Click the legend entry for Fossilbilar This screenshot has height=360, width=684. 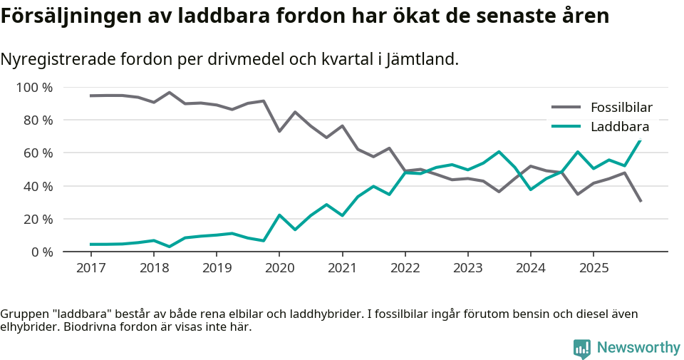[x=621, y=108]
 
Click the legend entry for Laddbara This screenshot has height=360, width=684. [x=619, y=127]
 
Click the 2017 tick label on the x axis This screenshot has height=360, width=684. [x=90, y=268]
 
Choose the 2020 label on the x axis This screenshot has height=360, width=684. [x=279, y=268]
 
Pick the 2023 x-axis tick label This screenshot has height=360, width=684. [x=467, y=268]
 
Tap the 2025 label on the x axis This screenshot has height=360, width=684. [x=593, y=268]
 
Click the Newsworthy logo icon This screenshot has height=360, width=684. [x=582, y=348]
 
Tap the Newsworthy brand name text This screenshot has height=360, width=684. [x=638, y=348]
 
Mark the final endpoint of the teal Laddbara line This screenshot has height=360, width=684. [x=641, y=140]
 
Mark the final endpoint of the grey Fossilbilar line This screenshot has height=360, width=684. [x=641, y=201]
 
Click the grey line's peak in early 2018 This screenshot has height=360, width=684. [x=169, y=93]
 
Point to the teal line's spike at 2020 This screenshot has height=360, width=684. [x=279, y=215]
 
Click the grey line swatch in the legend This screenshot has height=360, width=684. [x=566, y=108]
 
